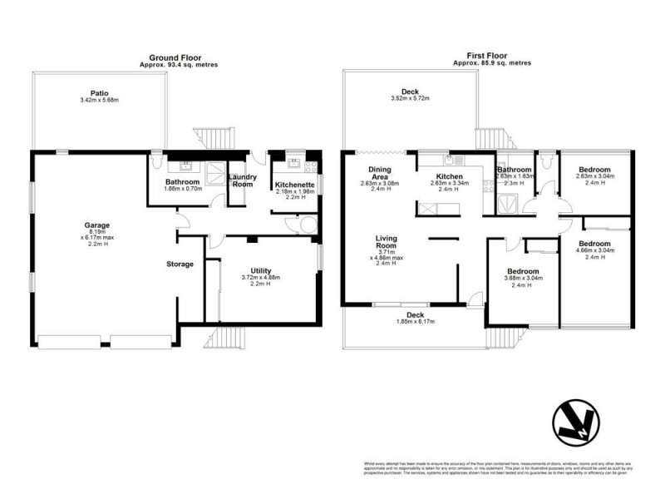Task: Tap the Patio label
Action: pyautogui.click(x=100, y=93)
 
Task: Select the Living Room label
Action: pyautogui.click(x=386, y=243)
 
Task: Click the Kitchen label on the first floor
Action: pyautogui.click(x=450, y=176)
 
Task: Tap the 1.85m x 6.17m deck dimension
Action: pyautogui.click(x=415, y=321)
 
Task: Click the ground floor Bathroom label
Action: pyautogui.click(x=181, y=181)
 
